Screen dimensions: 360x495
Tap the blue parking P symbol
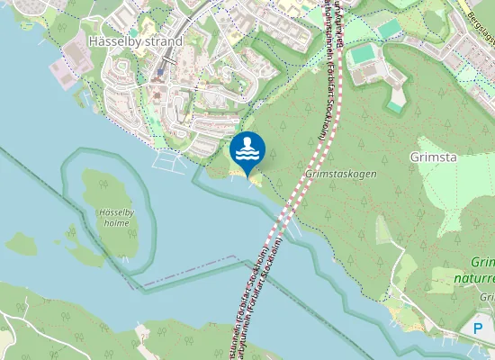[x=479, y=328]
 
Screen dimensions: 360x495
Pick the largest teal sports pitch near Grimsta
[x=364, y=55]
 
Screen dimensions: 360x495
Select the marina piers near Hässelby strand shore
[x=167, y=162]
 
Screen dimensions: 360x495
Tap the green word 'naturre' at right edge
[x=477, y=278]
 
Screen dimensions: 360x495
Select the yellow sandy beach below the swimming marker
[x=254, y=182]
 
